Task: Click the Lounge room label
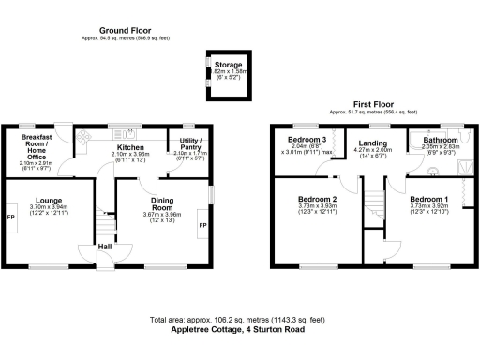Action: (49, 200)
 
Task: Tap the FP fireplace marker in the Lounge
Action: (11, 217)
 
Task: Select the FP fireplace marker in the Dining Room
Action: (202, 226)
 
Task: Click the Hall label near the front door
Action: (107, 247)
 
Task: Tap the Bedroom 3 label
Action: (307, 140)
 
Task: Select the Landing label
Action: (372, 143)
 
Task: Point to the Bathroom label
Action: (439, 140)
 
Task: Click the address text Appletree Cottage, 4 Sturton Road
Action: (238, 329)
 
